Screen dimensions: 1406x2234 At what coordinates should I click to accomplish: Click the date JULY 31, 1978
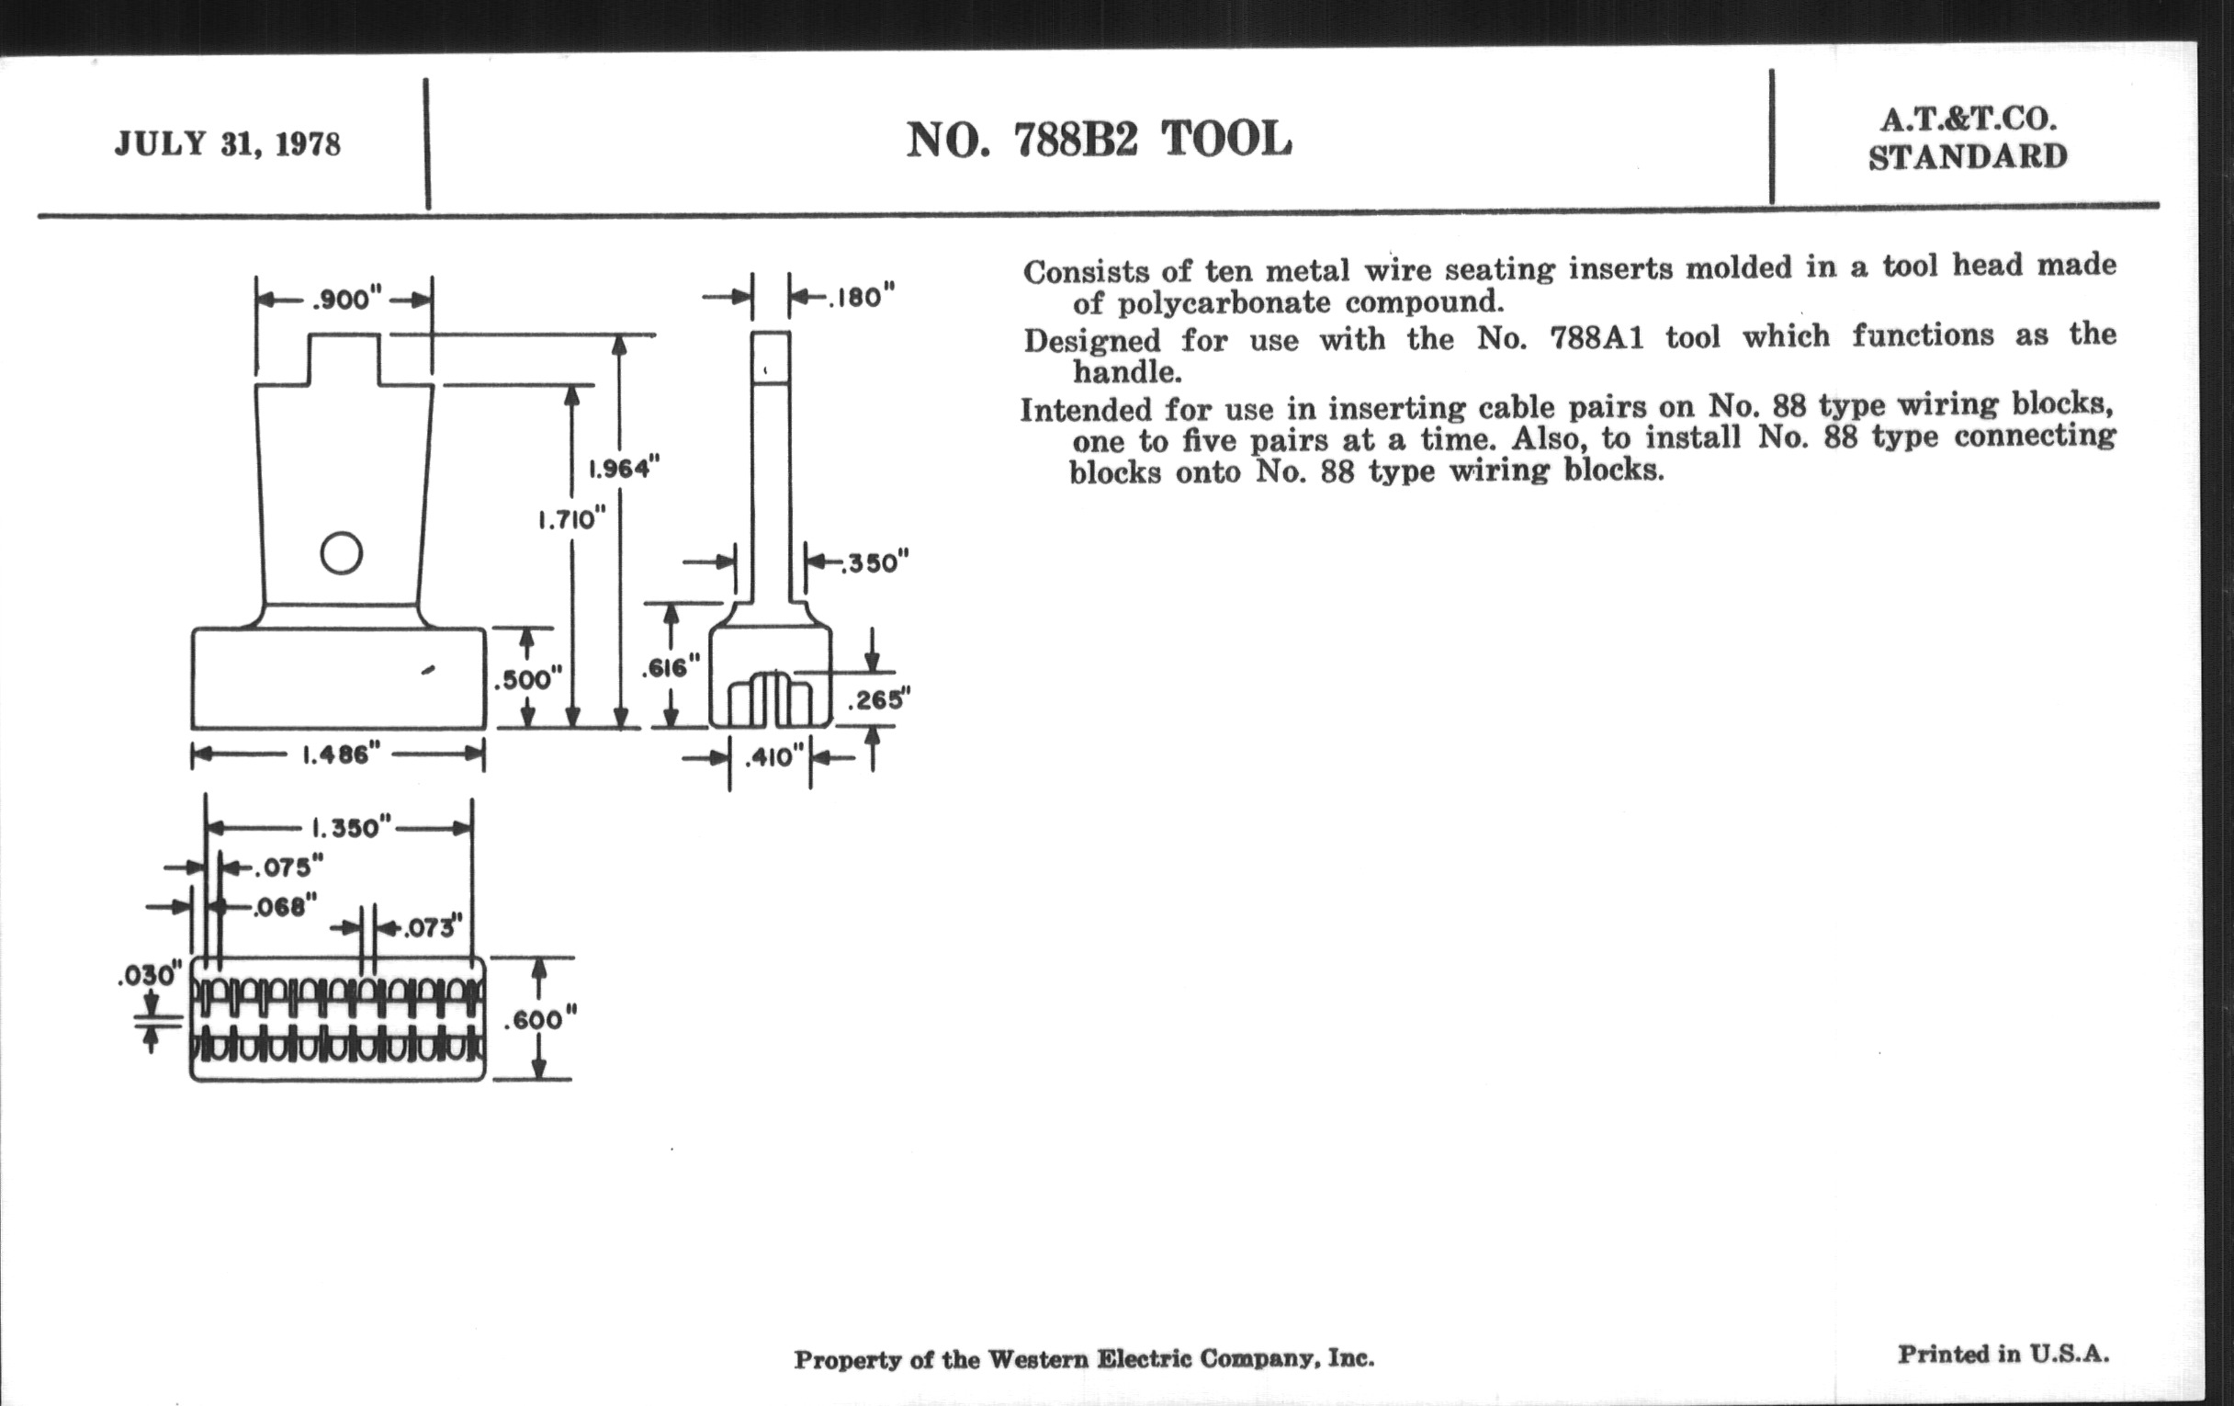(x=227, y=145)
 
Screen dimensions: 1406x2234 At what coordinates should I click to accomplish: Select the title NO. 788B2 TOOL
(x=1099, y=140)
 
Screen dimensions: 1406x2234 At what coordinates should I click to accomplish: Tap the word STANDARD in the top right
(x=1968, y=157)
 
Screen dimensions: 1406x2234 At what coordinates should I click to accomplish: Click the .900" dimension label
(x=347, y=299)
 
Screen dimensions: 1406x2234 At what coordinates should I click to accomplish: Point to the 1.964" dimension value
(x=624, y=468)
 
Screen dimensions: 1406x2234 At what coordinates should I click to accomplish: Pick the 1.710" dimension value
(x=571, y=519)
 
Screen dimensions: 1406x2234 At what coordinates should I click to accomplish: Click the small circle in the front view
(x=341, y=554)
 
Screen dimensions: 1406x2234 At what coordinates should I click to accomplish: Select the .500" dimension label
(x=527, y=679)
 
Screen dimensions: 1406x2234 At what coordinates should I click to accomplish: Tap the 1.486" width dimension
(x=341, y=754)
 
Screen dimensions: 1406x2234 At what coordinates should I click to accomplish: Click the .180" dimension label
(x=861, y=297)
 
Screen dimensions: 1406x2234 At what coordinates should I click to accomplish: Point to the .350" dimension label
(x=874, y=562)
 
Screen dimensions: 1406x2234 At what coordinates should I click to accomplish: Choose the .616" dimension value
(x=670, y=667)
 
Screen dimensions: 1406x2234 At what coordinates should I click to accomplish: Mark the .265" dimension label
(x=877, y=699)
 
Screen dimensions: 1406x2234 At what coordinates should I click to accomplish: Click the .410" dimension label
(x=769, y=757)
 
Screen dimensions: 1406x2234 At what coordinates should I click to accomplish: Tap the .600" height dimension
(x=539, y=1020)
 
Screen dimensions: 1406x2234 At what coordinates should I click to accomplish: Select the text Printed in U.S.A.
(x=2003, y=1354)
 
